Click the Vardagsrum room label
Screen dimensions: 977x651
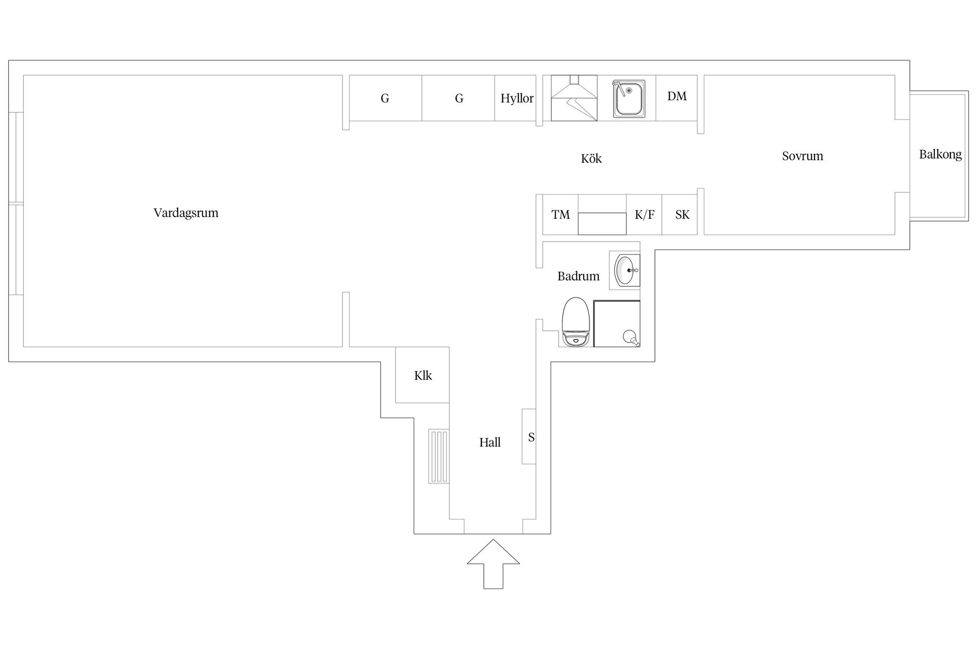pyautogui.click(x=186, y=213)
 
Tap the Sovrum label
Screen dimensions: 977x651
pyautogui.click(x=802, y=156)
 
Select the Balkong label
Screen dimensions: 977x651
pyautogui.click(x=940, y=155)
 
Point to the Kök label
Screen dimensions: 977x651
pyautogui.click(x=591, y=158)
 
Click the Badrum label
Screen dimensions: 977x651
pyautogui.click(x=579, y=276)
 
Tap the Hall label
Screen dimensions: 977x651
pyautogui.click(x=490, y=442)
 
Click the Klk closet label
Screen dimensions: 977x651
pyautogui.click(x=423, y=376)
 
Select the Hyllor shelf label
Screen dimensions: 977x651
pyautogui.click(x=517, y=99)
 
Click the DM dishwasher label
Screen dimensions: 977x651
pyautogui.click(x=677, y=96)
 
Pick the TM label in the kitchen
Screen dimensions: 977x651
pyautogui.click(x=561, y=215)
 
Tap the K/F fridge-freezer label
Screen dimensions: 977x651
pyautogui.click(x=645, y=215)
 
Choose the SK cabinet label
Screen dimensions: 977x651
pyautogui.click(x=682, y=215)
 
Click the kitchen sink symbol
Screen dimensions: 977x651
pyautogui.click(x=629, y=99)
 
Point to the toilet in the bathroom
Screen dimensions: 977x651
pyautogui.click(x=576, y=322)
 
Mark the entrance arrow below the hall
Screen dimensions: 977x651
pyautogui.click(x=493, y=564)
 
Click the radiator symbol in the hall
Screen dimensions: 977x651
pyautogui.click(x=438, y=456)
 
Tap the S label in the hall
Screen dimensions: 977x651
pyautogui.click(x=531, y=437)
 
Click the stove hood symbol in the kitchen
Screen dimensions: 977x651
pyautogui.click(x=574, y=98)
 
